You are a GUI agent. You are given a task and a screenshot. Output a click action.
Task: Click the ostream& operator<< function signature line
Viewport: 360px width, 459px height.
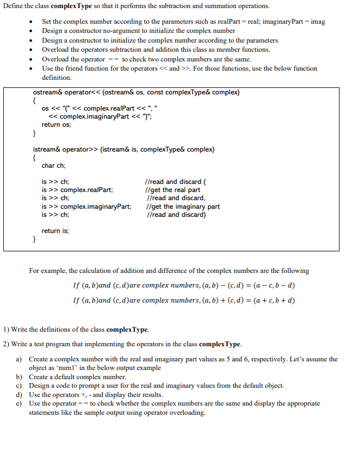(136, 92)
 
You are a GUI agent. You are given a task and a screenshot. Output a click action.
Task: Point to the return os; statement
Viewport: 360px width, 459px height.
(56, 124)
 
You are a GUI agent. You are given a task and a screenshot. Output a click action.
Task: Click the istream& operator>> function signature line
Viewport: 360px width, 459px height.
(123, 149)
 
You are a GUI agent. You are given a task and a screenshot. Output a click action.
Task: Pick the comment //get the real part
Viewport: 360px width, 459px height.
(173, 190)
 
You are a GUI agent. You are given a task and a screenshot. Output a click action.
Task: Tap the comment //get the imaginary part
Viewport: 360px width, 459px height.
(183, 206)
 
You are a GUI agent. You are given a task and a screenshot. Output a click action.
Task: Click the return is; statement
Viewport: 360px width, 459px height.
(55, 230)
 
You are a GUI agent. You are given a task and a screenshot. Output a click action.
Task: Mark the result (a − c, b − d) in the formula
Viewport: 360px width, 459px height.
(269, 285)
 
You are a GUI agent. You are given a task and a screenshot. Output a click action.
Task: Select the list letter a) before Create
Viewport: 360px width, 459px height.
(18, 359)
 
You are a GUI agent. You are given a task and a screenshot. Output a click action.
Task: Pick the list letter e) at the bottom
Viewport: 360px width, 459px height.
(18, 403)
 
